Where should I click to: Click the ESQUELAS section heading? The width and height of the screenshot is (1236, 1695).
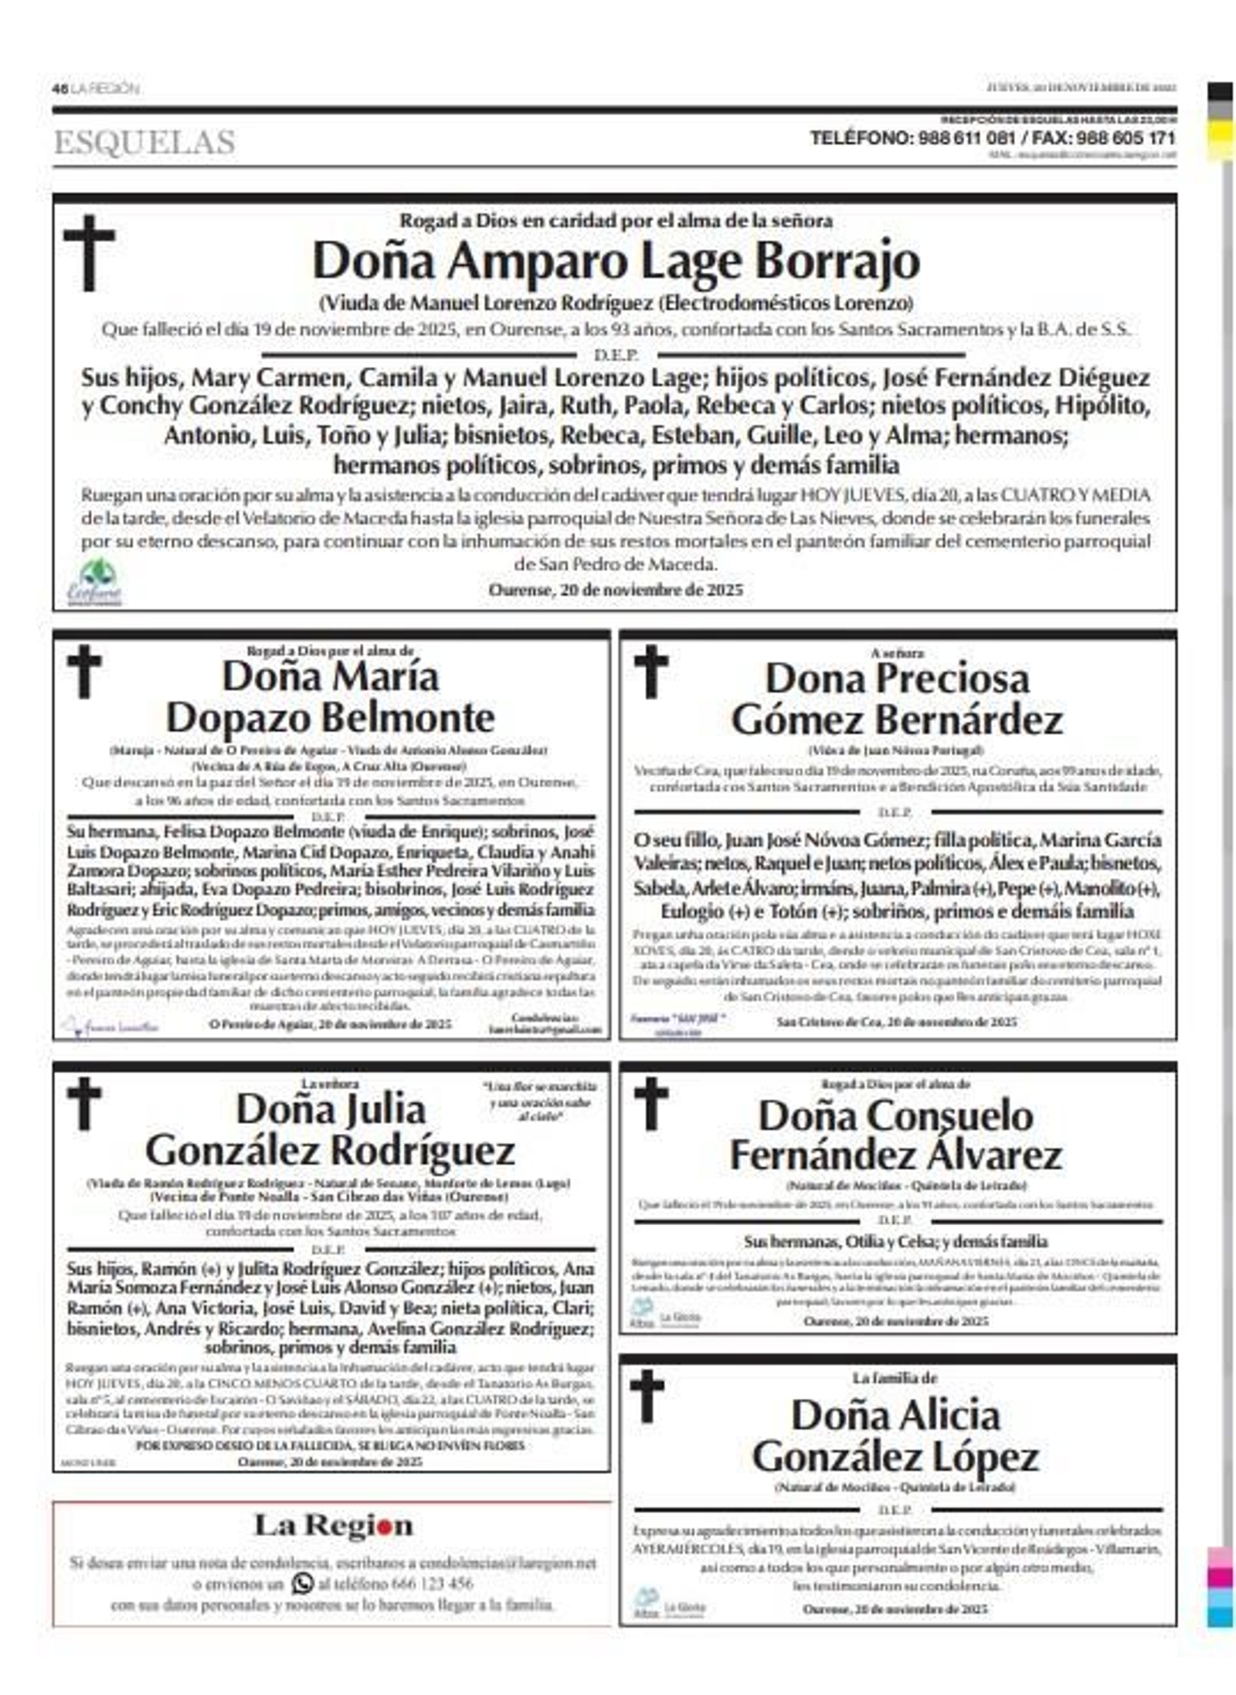pos(144,143)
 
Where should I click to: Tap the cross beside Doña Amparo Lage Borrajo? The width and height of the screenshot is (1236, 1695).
pos(89,252)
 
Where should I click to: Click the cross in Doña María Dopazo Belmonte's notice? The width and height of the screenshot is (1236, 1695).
pos(84,671)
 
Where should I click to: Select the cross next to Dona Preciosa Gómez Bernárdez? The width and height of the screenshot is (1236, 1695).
pos(650,671)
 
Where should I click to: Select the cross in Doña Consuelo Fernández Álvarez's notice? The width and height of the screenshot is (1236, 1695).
pos(650,1103)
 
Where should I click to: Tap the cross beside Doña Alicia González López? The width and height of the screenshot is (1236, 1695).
pos(647,1396)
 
